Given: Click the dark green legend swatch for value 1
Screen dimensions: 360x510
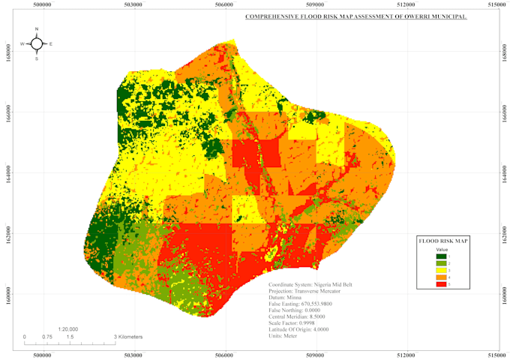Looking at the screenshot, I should pos(442,257).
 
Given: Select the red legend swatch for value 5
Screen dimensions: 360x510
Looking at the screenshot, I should pos(442,284).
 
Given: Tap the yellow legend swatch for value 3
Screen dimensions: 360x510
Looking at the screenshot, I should pos(442,271).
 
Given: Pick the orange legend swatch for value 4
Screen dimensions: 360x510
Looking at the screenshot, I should pos(442,277).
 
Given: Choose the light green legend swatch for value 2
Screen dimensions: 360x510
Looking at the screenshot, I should pos(442,264).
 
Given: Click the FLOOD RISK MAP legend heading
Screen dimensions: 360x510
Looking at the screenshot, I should pos(443,241).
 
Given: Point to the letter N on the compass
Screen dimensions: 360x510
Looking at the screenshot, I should pos(37,29).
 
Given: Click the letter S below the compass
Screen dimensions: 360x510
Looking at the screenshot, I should pos(37,58).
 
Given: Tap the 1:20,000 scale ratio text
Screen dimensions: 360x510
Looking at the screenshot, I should pos(69,328).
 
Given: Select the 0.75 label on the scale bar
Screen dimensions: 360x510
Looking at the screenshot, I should pos(46,337).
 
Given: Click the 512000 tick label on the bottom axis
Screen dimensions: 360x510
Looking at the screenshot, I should pos(407,352).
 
